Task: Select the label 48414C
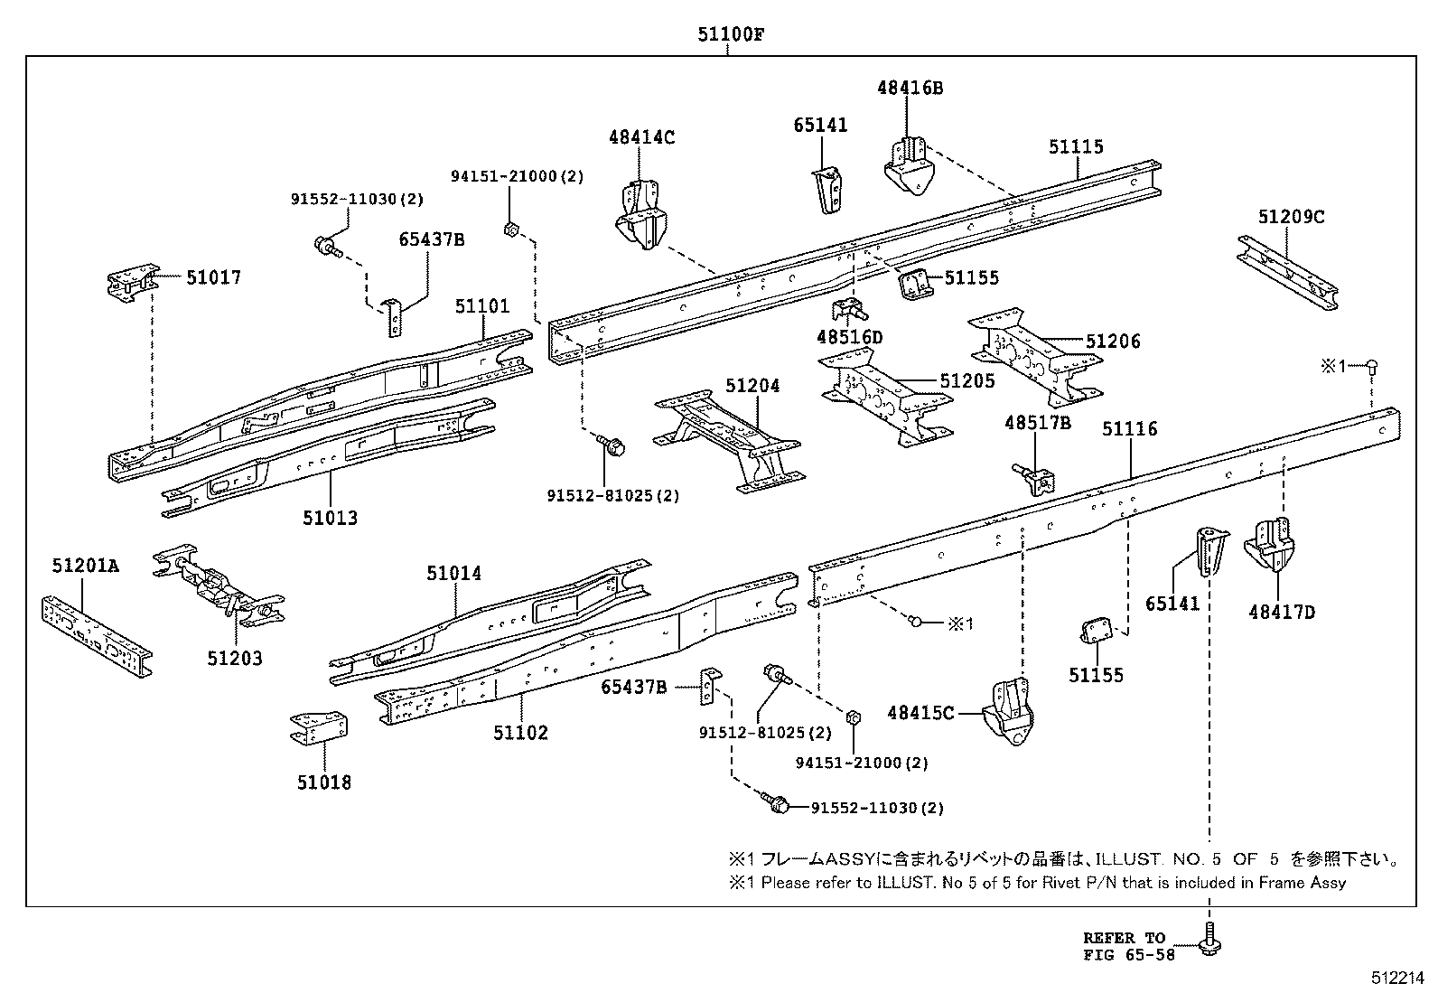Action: (641, 137)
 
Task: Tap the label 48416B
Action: (910, 88)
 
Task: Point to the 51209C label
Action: (1291, 217)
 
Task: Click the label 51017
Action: (214, 277)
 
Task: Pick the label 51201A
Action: (85, 567)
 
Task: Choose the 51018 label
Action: (323, 782)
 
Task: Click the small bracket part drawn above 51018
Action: (320, 727)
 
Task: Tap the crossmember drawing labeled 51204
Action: (729, 443)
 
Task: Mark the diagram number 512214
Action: (1397, 978)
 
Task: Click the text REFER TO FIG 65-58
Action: (1129, 945)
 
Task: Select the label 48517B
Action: (1038, 422)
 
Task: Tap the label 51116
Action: (1129, 428)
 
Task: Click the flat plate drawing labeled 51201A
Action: (96, 633)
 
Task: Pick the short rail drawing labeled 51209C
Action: (1287, 273)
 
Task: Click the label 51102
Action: (520, 732)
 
